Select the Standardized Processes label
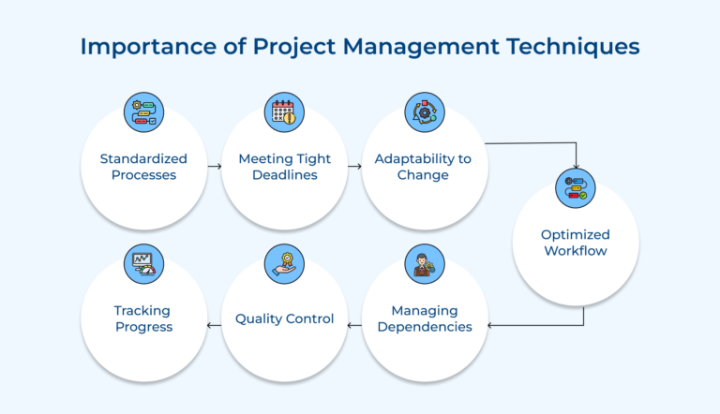pyautogui.click(x=143, y=167)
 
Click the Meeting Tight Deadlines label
pyautogui.click(x=284, y=167)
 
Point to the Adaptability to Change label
pyautogui.click(x=423, y=167)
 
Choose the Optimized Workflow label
pyautogui.click(x=575, y=243)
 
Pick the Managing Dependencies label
pyautogui.click(x=424, y=318)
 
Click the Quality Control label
pyautogui.click(x=285, y=318)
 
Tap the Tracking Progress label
pyautogui.click(x=143, y=318)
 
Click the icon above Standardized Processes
pyautogui.click(x=143, y=113)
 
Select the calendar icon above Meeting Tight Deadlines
pyautogui.click(x=283, y=113)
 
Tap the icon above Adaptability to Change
pyautogui.click(x=423, y=113)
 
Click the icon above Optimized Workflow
pyautogui.click(x=575, y=187)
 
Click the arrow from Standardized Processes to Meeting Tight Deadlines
pyautogui.click(x=214, y=166)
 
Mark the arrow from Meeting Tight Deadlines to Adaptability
pyautogui.click(x=354, y=166)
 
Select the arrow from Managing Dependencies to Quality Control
pyautogui.click(x=354, y=325)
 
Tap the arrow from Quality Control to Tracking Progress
pyautogui.click(x=214, y=325)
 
